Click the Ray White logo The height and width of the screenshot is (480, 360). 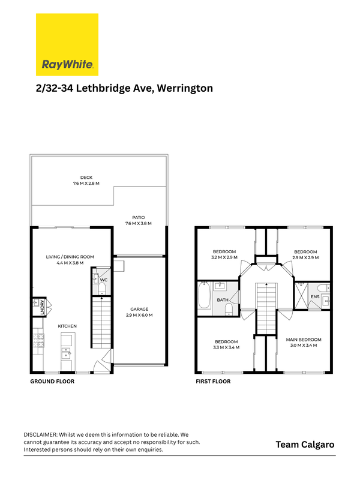coord(67,44)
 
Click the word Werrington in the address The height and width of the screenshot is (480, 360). coord(185,88)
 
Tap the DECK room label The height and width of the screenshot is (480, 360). coord(86,177)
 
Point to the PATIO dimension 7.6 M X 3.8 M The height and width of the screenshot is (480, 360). coord(139,223)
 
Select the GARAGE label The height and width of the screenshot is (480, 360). coord(139,309)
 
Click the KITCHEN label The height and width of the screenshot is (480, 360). coord(67,326)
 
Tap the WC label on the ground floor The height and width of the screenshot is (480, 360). coord(104,280)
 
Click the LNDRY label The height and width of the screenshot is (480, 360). coord(42,307)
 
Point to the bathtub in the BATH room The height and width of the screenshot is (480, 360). coord(204,296)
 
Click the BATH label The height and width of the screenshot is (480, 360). coord(223,300)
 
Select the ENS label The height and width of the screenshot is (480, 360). coord(315,296)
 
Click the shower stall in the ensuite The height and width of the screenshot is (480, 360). coord(301,296)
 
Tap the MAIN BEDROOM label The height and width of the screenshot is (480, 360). coord(304,340)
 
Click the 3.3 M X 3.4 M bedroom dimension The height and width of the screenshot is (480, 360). coord(226,347)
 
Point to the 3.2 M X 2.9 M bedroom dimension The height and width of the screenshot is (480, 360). coord(224,257)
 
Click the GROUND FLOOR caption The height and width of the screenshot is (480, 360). coord(52,382)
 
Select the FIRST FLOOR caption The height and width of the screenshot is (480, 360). coord(213,382)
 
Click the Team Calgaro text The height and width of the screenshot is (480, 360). coord(305,445)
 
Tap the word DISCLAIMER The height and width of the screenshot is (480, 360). coord(40,434)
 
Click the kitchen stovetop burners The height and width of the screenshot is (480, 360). coord(38,341)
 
